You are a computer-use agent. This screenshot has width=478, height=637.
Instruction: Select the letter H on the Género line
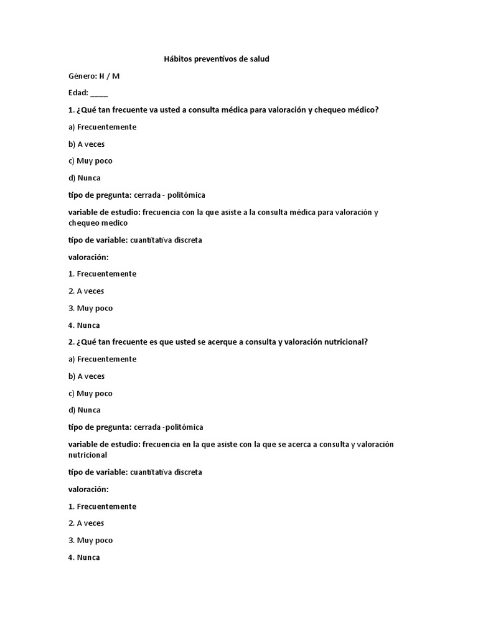[101, 77]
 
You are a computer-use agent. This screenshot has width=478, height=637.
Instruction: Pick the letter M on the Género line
[116, 77]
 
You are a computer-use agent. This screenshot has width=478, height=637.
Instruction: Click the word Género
[82, 77]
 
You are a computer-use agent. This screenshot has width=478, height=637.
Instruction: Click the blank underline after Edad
[99, 94]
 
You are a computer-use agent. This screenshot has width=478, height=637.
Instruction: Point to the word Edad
[78, 93]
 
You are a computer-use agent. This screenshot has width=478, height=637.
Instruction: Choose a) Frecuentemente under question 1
[102, 127]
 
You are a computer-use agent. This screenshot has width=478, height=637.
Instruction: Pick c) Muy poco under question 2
[90, 393]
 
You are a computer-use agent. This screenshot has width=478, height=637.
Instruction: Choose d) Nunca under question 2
[84, 410]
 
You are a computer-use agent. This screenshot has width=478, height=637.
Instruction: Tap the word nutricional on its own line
[88, 455]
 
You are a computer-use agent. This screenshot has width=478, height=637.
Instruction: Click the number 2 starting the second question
[70, 342]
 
